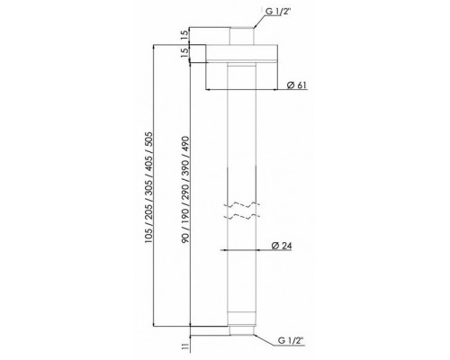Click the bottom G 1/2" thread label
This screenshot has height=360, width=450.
pos(291,340)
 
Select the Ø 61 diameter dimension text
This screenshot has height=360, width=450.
pos(297,85)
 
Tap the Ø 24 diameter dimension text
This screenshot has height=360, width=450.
pos(282,246)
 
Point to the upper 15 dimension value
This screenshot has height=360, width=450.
pos(184,36)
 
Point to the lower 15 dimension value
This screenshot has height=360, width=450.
pos(184,53)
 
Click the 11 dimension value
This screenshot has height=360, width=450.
pos(184,346)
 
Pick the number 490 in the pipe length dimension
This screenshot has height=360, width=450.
pos(185,145)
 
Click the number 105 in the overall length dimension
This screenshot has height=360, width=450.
pos(148,235)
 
